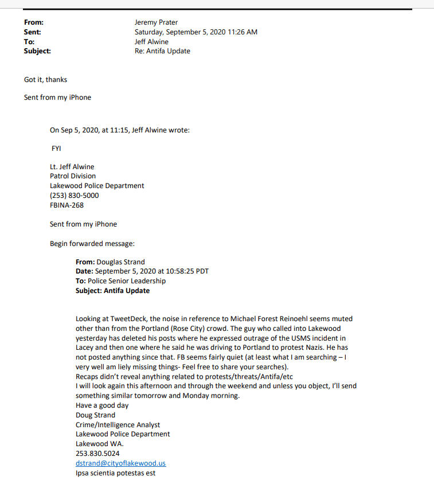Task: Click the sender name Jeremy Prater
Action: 156,22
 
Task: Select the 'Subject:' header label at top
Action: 37,51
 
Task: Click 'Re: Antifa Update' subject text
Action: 162,51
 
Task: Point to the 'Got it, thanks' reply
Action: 45,80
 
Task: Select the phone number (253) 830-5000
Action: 74,196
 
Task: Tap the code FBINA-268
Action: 67,205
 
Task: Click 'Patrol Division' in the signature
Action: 73,176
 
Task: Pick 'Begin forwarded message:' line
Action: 92,244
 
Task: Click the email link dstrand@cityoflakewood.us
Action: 121,463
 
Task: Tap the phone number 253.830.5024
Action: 97,454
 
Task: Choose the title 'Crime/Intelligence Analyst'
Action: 118,425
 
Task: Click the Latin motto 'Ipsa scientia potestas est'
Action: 115,473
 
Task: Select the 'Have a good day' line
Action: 102,405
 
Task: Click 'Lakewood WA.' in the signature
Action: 99,444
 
